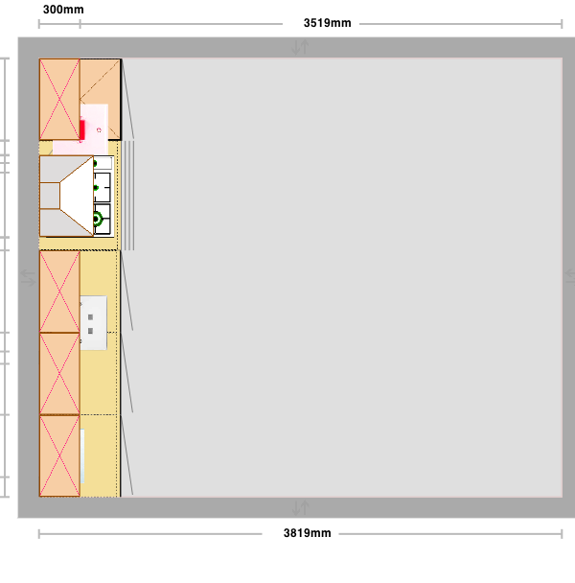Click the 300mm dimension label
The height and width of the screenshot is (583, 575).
click(63, 10)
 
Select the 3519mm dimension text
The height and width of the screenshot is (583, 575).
click(327, 23)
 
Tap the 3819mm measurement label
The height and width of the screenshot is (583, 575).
click(307, 533)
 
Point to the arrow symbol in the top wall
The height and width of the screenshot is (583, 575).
click(300, 47)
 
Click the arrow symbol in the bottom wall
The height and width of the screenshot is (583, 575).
click(300, 508)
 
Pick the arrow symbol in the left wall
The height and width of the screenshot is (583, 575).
click(28, 278)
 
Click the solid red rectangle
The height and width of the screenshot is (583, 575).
click(81, 129)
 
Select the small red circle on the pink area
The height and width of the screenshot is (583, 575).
click(99, 129)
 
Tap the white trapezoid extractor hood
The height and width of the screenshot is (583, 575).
click(77, 196)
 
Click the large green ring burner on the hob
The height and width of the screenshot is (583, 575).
click(97, 220)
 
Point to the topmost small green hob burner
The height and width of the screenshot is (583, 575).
click(95, 164)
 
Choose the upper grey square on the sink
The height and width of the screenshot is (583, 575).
click(90, 317)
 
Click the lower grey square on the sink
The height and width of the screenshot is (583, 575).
click(90, 331)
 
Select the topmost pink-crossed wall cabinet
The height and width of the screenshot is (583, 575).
click(59, 100)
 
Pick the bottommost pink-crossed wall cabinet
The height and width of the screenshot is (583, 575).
click(59, 455)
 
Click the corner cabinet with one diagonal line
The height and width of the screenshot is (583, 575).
click(100, 99)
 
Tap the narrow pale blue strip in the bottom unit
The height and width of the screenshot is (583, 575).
click(82, 456)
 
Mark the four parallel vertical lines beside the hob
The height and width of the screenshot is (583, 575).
click(129, 196)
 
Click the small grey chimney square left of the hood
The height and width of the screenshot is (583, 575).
click(50, 196)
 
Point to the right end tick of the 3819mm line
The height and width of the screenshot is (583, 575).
click(562, 534)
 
